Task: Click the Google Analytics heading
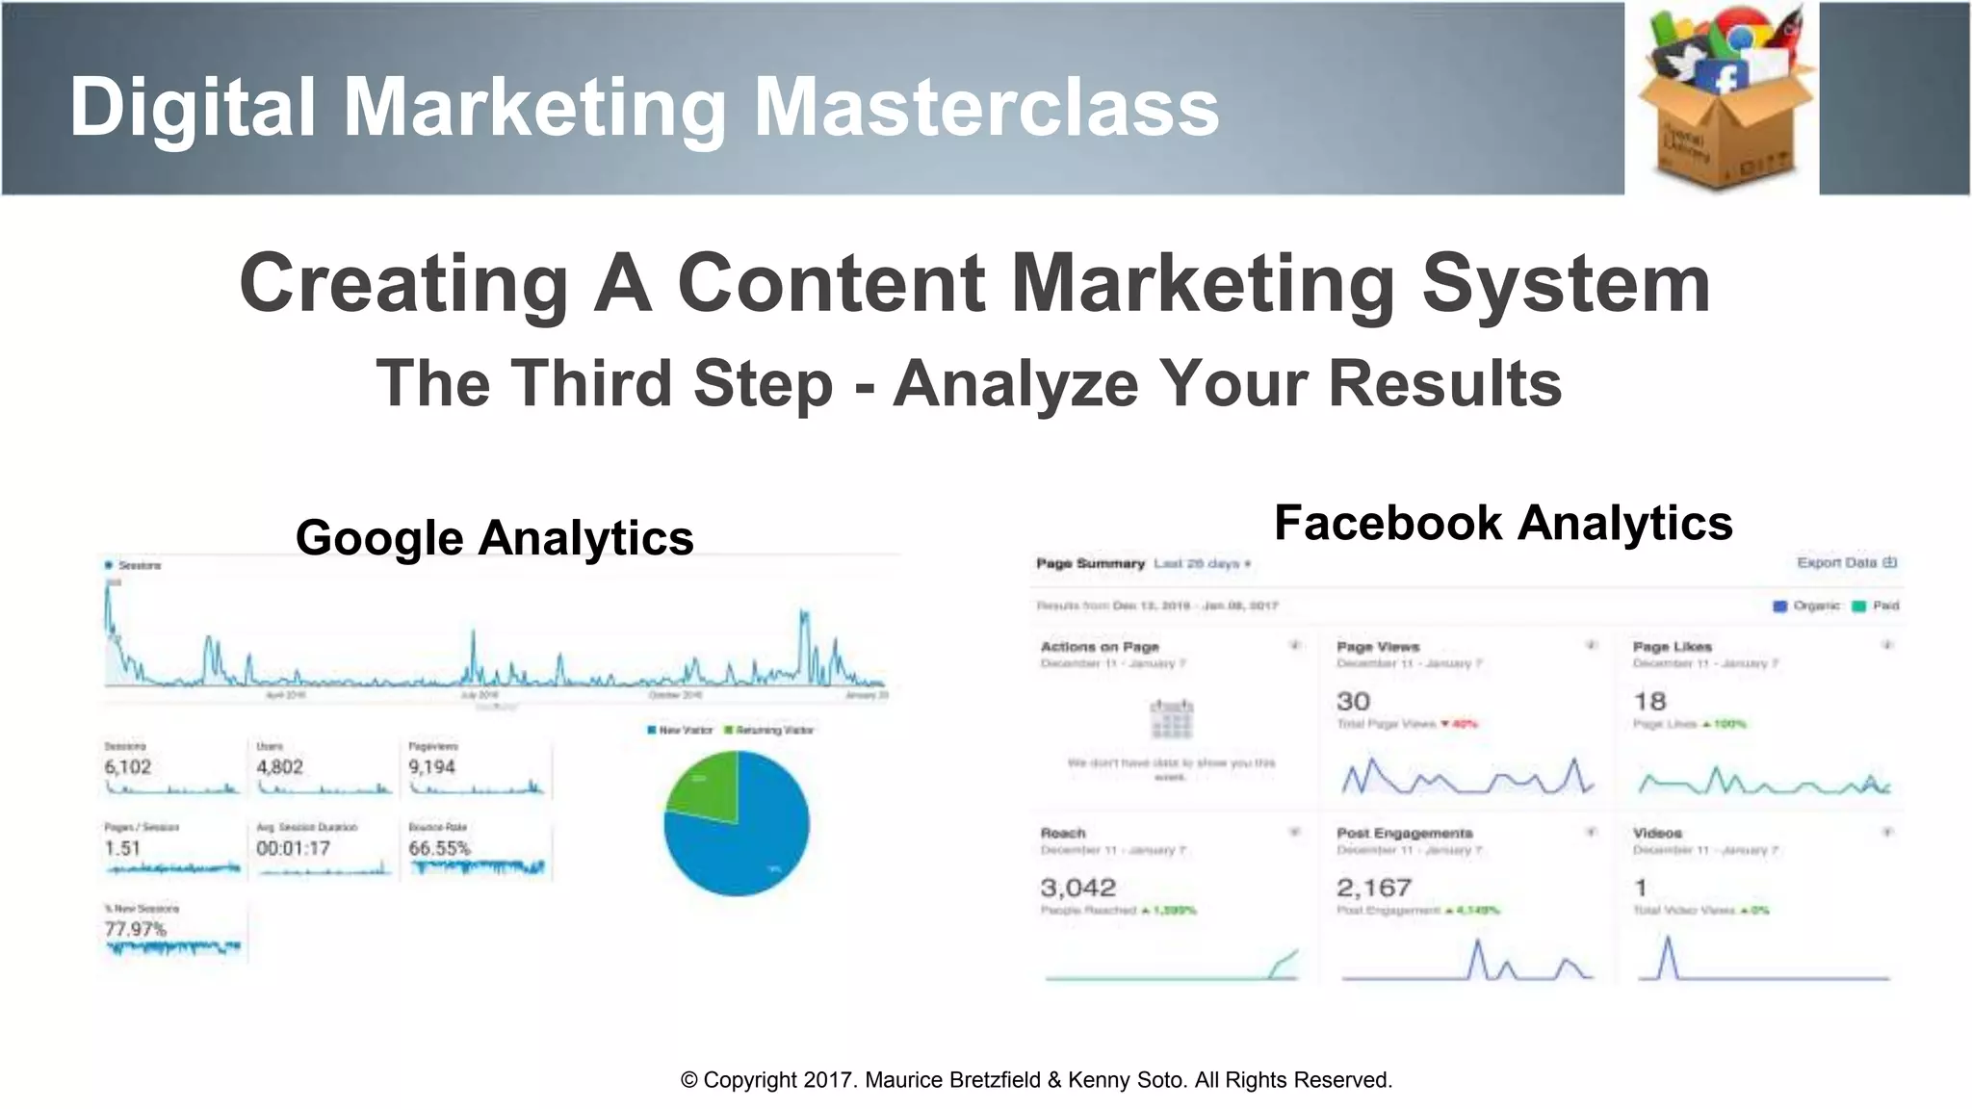point(494,537)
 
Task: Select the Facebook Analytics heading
point(1502,523)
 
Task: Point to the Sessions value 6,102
point(128,767)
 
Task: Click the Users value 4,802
point(279,767)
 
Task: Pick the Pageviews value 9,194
point(431,767)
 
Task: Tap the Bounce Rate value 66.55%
point(439,848)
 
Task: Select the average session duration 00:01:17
point(293,848)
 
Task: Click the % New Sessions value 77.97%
point(136,929)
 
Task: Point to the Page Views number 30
point(1353,702)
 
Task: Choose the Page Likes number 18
point(1649,702)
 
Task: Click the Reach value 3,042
point(1077,888)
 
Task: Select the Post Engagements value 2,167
point(1374,888)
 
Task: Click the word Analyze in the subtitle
point(1017,383)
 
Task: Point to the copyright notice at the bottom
point(1036,1080)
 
